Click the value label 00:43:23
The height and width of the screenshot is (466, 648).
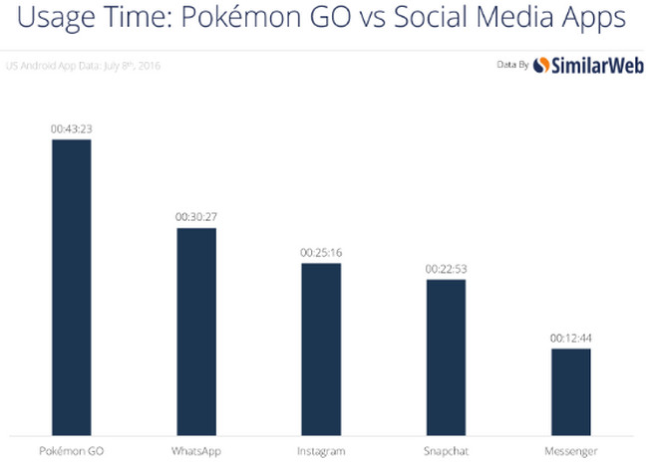pyautogui.click(x=72, y=128)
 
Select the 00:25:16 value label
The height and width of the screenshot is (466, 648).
pyautogui.click(x=321, y=253)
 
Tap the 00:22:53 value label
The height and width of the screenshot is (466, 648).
pyautogui.click(x=446, y=269)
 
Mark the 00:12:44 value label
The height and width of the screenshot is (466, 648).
pyautogui.click(x=570, y=338)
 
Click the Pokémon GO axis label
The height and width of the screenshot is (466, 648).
pyautogui.click(x=72, y=451)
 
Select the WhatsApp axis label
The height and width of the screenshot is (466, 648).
pyautogui.click(x=196, y=451)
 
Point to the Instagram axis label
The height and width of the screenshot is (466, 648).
pyautogui.click(x=321, y=451)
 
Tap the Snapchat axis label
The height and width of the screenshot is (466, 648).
pyautogui.click(x=446, y=451)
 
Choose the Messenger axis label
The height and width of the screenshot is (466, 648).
pyautogui.click(x=570, y=451)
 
